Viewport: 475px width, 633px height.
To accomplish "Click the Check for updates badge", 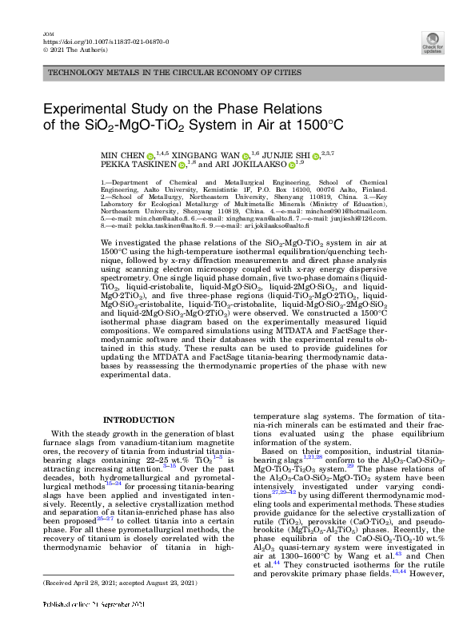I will (x=433, y=41).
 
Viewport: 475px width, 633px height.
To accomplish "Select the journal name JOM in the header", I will (x=46, y=33).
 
